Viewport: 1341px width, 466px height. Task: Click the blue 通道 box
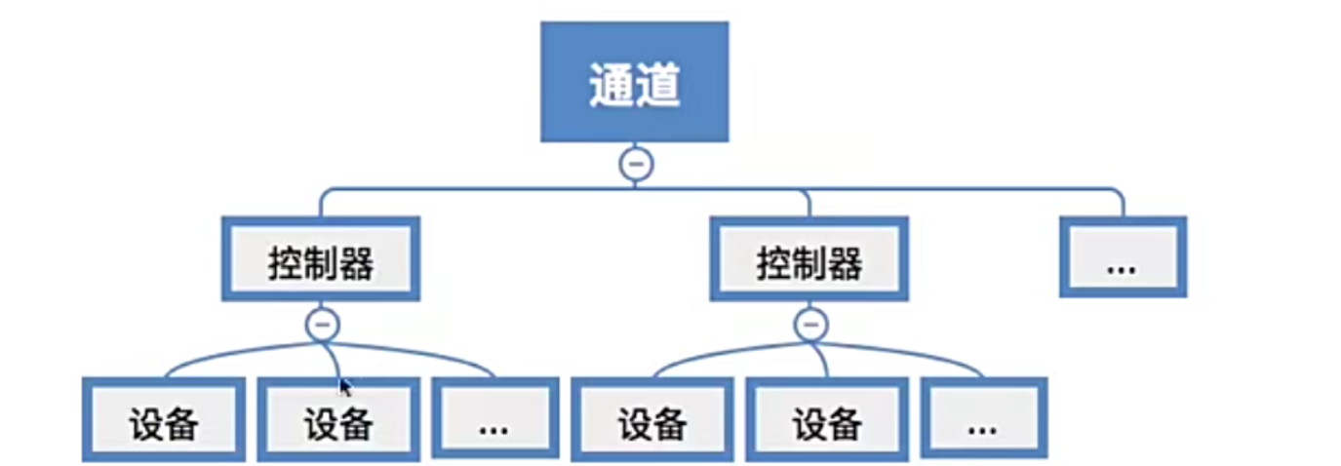click(x=634, y=82)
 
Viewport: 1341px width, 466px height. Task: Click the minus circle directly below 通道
click(x=636, y=165)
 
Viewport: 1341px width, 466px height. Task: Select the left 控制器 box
click(x=321, y=260)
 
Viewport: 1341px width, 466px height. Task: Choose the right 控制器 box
click(x=809, y=260)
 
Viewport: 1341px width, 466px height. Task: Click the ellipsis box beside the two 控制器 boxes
click(x=1123, y=258)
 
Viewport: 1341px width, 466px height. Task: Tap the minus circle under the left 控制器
click(x=323, y=323)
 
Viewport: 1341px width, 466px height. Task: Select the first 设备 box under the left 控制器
click(x=163, y=420)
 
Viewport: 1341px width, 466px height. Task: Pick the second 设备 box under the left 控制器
click(x=337, y=420)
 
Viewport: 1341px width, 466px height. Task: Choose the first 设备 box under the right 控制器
click(x=651, y=420)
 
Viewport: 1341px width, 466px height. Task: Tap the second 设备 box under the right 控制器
click(x=826, y=420)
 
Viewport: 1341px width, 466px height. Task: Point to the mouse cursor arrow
click(x=343, y=384)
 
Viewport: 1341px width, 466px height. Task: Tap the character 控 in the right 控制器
click(x=774, y=263)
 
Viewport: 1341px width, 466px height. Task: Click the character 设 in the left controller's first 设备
click(x=145, y=423)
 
